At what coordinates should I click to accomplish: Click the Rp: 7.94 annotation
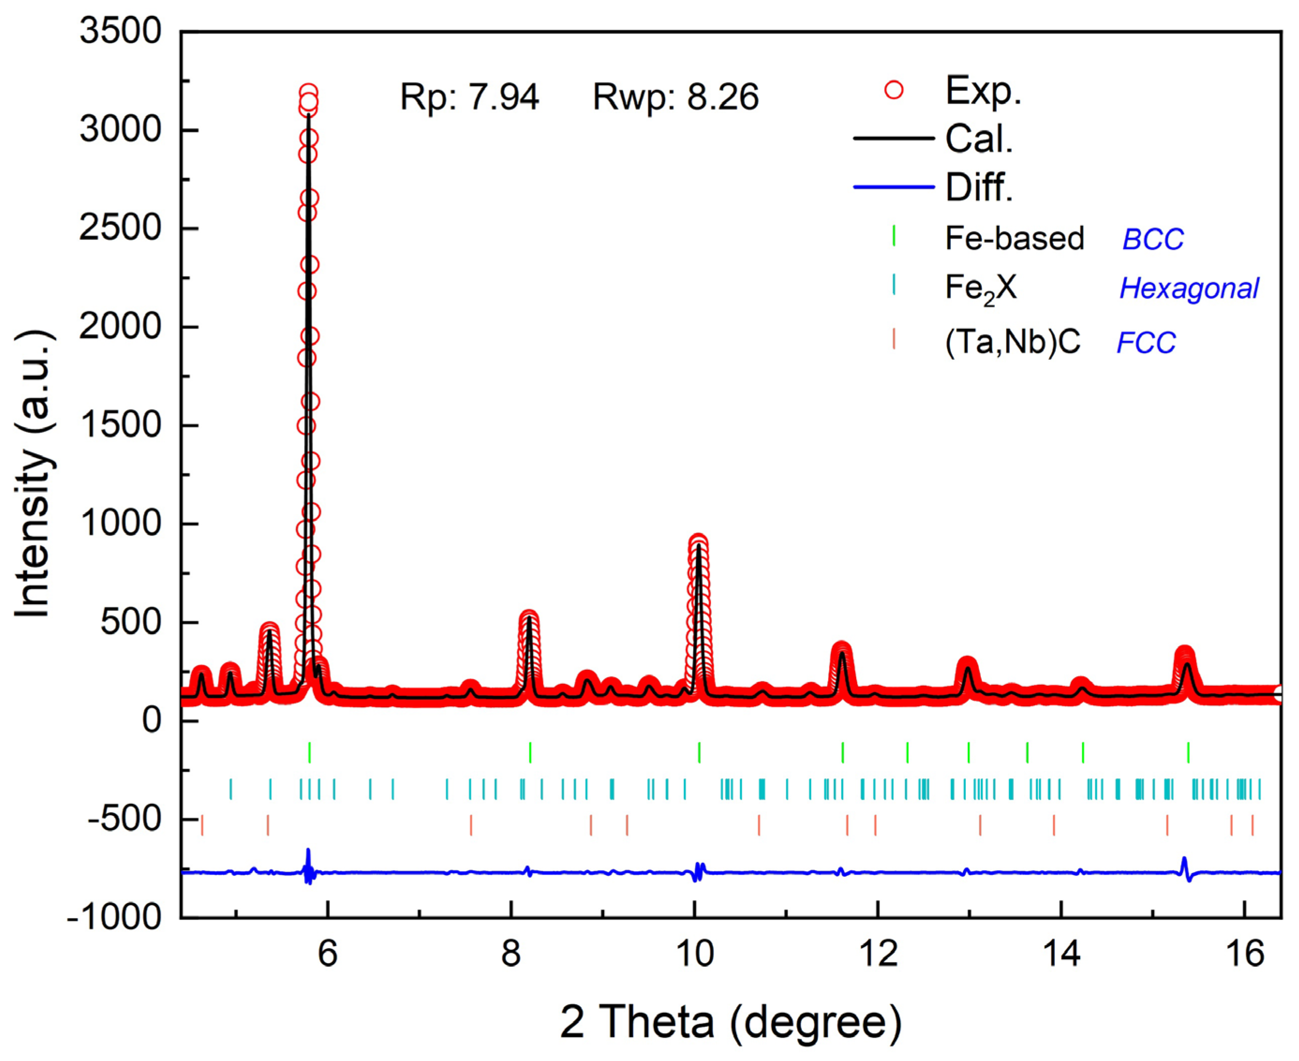tap(469, 97)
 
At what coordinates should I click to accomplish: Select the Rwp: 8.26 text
tap(676, 97)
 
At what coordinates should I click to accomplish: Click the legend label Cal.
tap(979, 139)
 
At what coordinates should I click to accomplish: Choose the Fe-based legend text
tap(1014, 239)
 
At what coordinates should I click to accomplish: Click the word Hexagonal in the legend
tap(1188, 289)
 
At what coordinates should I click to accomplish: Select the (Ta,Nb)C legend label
tap(1012, 342)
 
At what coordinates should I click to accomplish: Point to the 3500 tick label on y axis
tap(120, 30)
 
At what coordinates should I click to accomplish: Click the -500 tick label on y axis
tap(125, 819)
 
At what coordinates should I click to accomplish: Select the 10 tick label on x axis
tap(694, 953)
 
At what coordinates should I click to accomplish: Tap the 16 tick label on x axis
tap(1245, 953)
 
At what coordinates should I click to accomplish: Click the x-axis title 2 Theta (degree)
tap(731, 1022)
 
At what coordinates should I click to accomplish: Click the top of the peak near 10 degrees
tap(698, 541)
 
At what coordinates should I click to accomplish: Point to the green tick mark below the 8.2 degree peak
tap(530, 752)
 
